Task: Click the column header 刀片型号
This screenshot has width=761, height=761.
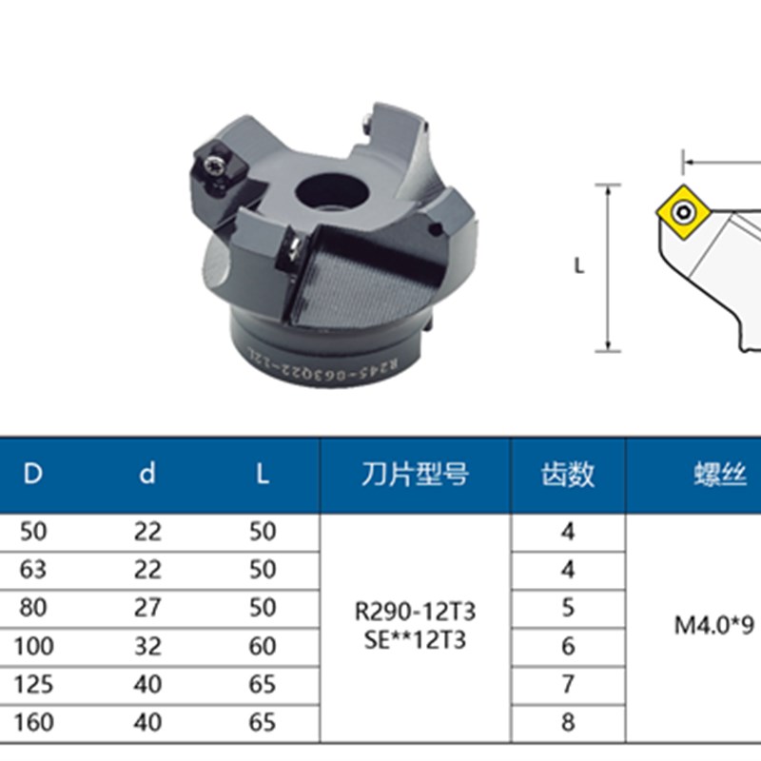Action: [x=416, y=475]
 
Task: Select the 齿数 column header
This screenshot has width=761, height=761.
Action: [x=568, y=475]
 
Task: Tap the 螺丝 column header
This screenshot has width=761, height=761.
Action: [x=717, y=475]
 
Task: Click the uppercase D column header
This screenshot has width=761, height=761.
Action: [x=33, y=475]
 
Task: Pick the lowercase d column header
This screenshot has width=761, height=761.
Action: [x=146, y=475]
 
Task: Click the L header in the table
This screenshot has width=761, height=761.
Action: [x=262, y=475]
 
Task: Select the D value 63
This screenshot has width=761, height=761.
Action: [x=33, y=569]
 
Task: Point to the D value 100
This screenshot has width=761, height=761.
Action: [x=33, y=646]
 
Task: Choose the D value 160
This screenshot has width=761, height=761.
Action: [x=33, y=722]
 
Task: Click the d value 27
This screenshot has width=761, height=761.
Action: [x=147, y=608]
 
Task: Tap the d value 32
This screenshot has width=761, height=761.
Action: [x=147, y=646]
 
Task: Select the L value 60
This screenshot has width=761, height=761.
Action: [x=262, y=646]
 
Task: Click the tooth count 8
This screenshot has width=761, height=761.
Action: [x=568, y=722]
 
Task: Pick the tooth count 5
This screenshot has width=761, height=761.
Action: [x=568, y=608]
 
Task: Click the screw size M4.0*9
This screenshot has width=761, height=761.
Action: [x=713, y=626]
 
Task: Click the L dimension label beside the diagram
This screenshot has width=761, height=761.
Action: [x=579, y=267]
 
